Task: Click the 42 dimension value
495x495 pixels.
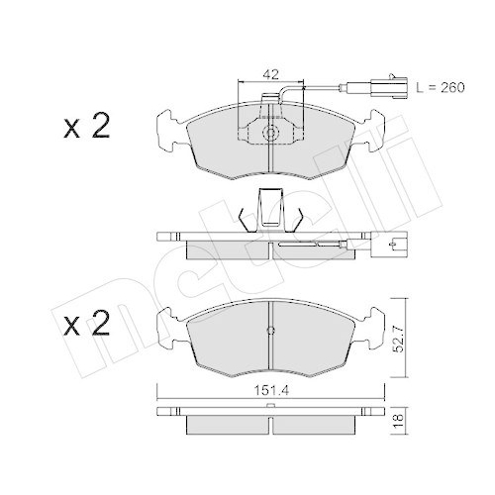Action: (x=270, y=74)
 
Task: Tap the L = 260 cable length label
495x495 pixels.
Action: (x=441, y=87)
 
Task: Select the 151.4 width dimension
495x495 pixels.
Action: (x=271, y=391)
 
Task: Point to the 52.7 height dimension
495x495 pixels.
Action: (x=399, y=338)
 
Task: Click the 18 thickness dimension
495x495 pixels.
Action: (x=399, y=418)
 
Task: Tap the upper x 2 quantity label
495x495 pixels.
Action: (x=87, y=126)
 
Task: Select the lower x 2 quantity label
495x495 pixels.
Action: (x=87, y=324)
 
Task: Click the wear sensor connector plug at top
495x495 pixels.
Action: (x=389, y=87)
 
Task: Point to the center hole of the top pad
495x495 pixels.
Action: (x=270, y=134)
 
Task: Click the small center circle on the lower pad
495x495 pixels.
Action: (x=270, y=330)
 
